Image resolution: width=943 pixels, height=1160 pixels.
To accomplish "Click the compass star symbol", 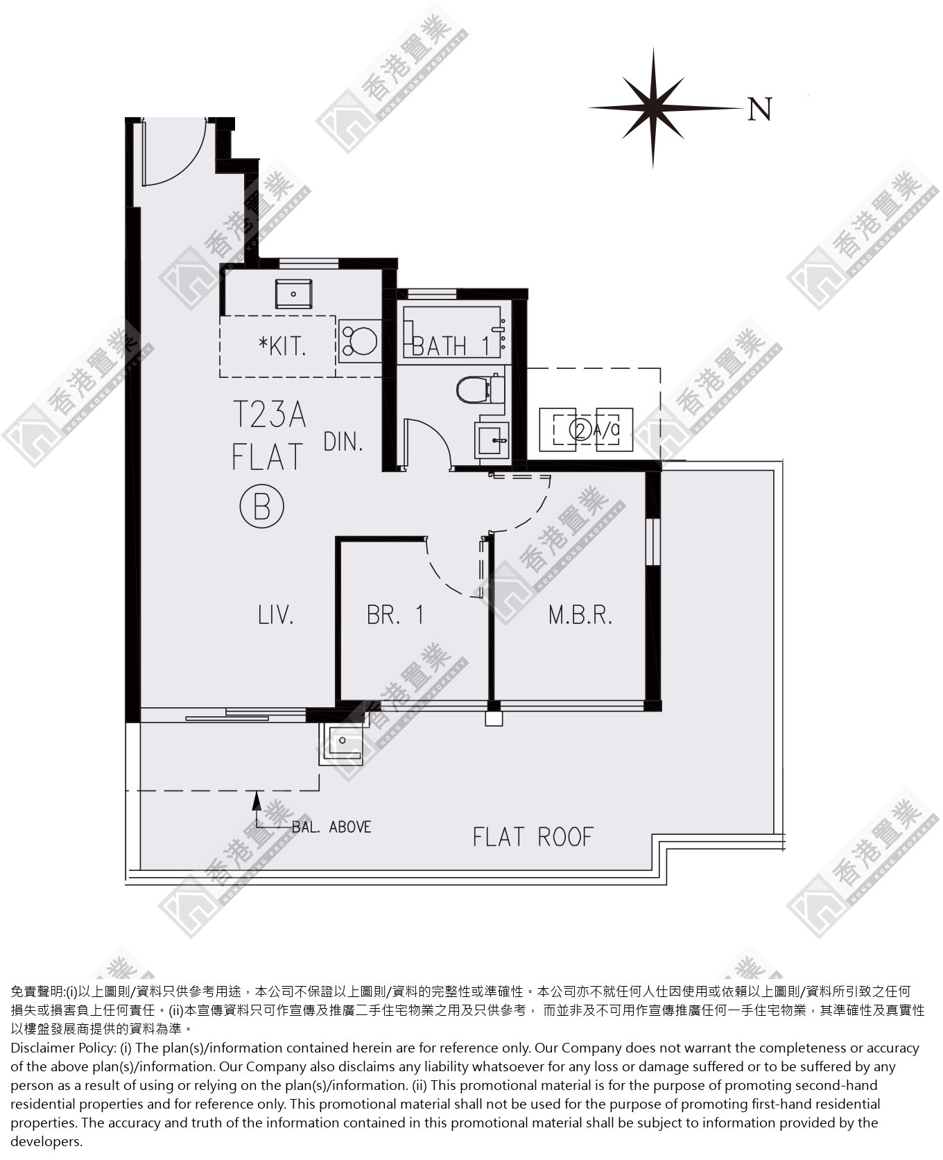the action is click(652, 107).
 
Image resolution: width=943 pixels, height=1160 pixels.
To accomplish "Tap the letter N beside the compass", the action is click(760, 109).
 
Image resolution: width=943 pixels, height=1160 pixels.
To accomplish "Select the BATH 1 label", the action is click(451, 345).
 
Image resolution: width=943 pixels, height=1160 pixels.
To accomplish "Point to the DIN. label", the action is click(343, 441).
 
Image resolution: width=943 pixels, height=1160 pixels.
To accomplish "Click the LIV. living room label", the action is click(276, 614).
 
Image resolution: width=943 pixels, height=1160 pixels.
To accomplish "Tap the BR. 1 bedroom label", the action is click(395, 614).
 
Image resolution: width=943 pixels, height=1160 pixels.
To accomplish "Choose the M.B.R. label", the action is click(580, 614).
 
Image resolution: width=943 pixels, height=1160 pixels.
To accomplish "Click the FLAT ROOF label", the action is click(533, 837).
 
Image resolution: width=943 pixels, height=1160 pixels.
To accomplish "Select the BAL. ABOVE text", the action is click(331, 826).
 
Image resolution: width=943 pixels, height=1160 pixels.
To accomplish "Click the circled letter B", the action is click(262, 508).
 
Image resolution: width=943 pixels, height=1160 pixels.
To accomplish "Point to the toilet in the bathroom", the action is click(478, 389).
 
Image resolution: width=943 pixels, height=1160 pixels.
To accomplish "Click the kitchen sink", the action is click(294, 295).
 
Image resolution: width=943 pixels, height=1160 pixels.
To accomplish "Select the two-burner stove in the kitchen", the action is click(360, 340).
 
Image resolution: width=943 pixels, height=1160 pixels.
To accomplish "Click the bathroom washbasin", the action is click(492, 440).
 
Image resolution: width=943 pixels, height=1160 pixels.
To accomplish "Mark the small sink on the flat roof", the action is click(342, 742).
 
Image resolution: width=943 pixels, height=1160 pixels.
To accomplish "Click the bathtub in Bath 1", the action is click(452, 332).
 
